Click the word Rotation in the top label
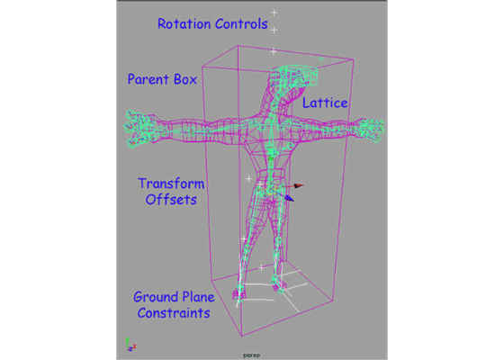[x=184, y=23]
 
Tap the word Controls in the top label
[x=241, y=23]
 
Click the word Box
[x=185, y=79]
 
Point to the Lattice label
[x=325, y=103]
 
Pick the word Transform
[x=171, y=184]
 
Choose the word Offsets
[x=171, y=200]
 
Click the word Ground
[x=152, y=297]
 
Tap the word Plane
[x=195, y=297]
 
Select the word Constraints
[x=174, y=313]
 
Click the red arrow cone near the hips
[x=299, y=185]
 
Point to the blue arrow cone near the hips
[x=289, y=198]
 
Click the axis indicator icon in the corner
[x=130, y=345]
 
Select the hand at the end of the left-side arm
[x=139, y=129]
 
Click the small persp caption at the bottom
[x=252, y=355]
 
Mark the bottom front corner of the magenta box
[x=242, y=336]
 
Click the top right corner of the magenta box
[x=354, y=59]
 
